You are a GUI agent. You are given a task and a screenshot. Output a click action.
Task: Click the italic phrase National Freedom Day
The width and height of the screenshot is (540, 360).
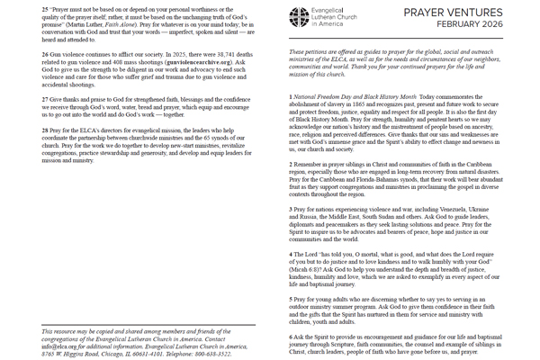(x=328, y=95)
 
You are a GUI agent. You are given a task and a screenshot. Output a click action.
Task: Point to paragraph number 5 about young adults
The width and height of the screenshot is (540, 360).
(x=290, y=299)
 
